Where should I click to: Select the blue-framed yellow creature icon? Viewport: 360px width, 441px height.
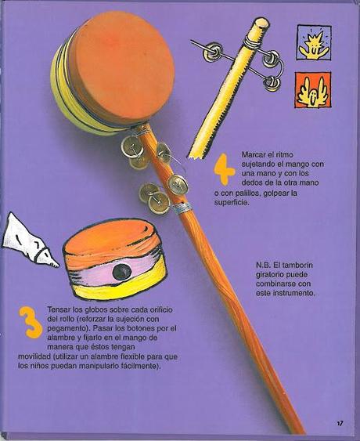pos(313,42)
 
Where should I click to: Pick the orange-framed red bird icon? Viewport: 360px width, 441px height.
pos(312,90)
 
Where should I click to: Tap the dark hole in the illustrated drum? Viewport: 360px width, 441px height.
pos(121,271)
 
